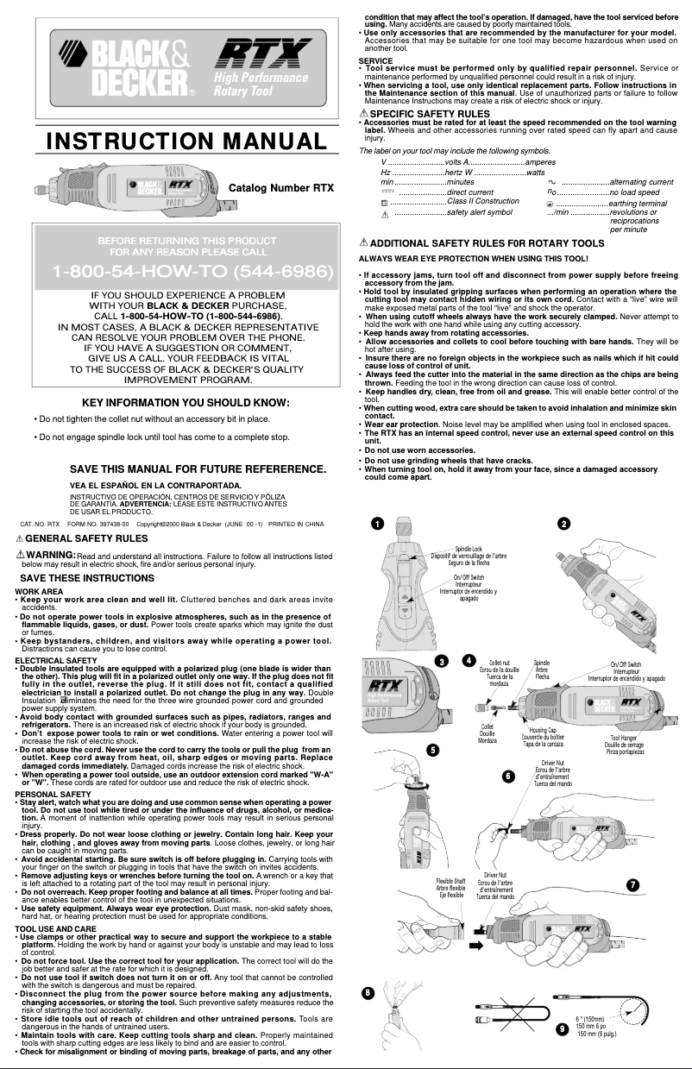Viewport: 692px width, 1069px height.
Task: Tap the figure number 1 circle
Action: pyautogui.click(x=375, y=523)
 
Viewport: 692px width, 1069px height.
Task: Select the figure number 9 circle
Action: pyautogui.click(x=563, y=1028)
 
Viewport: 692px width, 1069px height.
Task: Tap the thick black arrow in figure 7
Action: pyautogui.click(x=475, y=946)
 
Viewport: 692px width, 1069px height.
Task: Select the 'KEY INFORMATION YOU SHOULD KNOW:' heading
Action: pyautogui.click(x=186, y=402)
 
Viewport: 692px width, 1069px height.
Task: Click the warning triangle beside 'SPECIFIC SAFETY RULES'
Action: pyautogui.click(x=363, y=114)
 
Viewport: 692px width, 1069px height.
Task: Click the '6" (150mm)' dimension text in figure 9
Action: pyautogui.click(x=589, y=1019)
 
